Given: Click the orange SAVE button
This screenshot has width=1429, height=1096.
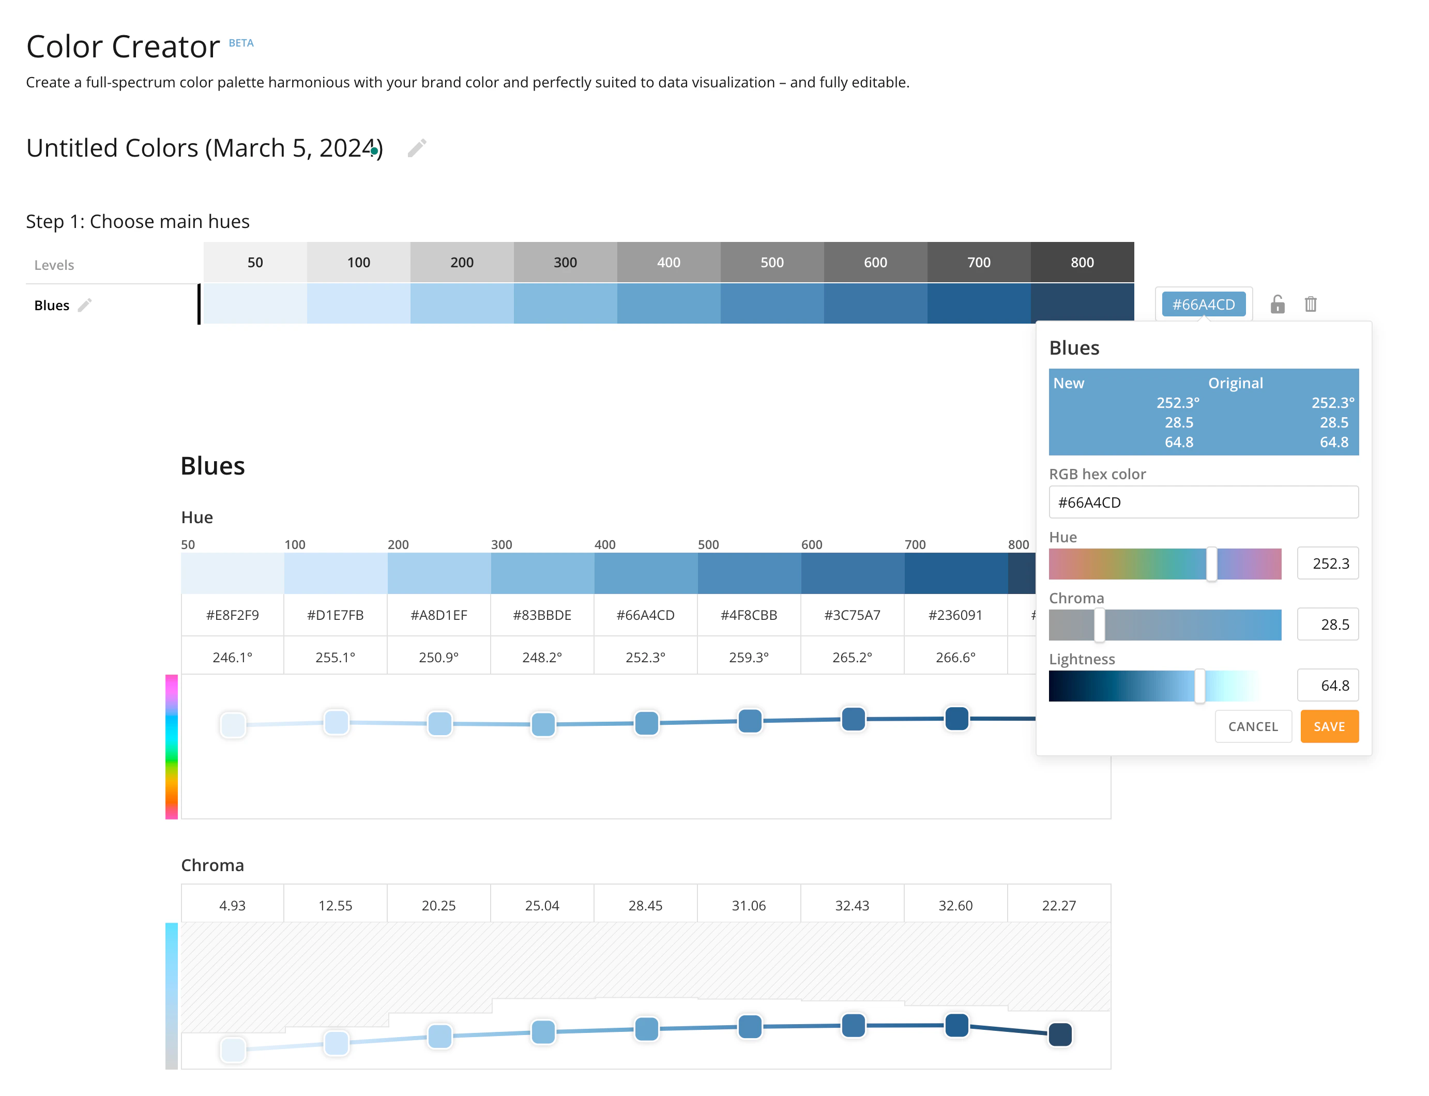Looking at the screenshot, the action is click(x=1329, y=726).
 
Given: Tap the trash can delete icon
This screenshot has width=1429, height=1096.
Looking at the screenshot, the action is click(x=1310, y=304).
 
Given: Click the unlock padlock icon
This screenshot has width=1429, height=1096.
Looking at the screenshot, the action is click(x=1277, y=304).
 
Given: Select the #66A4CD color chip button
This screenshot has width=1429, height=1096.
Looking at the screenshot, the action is click(x=1203, y=304).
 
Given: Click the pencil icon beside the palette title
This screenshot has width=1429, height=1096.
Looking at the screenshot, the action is click(x=417, y=148).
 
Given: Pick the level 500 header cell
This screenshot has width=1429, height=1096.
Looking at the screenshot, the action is click(x=772, y=262).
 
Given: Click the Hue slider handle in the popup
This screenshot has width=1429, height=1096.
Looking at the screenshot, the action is click(x=1211, y=564).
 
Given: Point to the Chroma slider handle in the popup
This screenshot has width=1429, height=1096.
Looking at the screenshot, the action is click(x=1100, y=625).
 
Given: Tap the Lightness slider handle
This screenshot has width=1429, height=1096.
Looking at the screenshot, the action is click(x=1199, y=686).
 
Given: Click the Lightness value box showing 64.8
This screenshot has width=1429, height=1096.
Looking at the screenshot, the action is click(x=1328, y=686).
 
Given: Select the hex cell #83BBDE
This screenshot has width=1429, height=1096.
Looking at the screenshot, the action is click(x=542, y=615).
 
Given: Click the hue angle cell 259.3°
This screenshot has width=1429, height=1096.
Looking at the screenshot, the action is click(x=749, y=657).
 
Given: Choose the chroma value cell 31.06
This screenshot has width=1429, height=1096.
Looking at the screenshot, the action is click(x=749, y=905).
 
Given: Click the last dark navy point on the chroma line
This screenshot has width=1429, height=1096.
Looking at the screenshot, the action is click(x=1060, y=1034).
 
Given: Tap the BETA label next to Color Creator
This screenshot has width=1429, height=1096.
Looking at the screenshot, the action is click(x=241, y=43).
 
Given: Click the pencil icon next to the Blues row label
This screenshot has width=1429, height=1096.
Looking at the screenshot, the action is click(x=85, y=305).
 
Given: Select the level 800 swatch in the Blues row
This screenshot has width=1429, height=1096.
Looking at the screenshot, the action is click(x=1083, y=303).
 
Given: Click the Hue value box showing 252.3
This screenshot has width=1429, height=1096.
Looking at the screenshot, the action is click(x=1328, y=563).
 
